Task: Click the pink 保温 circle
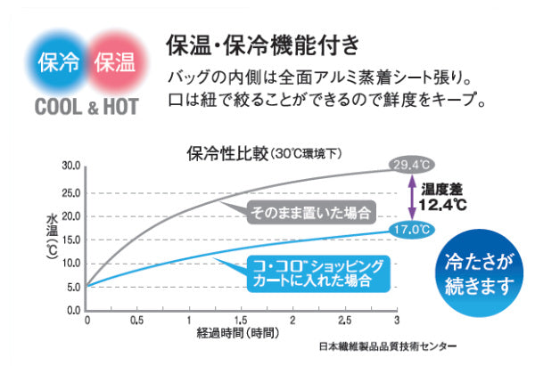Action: (x=113, y=62)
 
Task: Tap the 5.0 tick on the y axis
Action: (x=71, y=286)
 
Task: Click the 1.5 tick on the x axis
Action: (x=241, y=319)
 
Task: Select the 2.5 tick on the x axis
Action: (x=344, y=319)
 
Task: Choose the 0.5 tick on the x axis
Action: (x=137, y=319)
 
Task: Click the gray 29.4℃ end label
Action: (x=411, y=165)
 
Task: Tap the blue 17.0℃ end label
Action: (x=411, y=230)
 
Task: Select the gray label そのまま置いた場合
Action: (x=309, y=212)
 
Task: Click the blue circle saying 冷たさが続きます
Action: (x=481, y=273)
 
